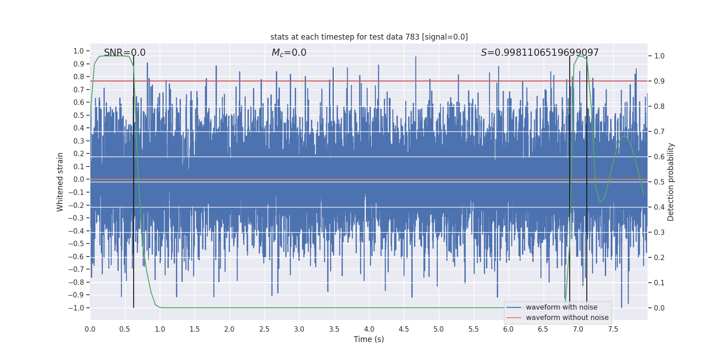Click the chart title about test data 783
(369, 37)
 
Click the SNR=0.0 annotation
(125, 53)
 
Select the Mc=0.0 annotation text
(289, 53)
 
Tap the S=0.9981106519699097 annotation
(540, 53)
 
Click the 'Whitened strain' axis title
(60, 182)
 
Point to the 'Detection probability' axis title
(671, 182)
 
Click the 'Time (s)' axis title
(369, 339)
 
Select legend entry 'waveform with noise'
(561, 307)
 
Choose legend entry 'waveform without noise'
(567, 318)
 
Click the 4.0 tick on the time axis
(369, 329)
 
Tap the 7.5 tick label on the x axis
(613, 329)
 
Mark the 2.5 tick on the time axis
(264, 329)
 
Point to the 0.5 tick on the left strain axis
(79, 115)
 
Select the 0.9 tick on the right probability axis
(659, 81)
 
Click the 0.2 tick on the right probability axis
(659, 257)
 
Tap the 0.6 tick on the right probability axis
(659, 157)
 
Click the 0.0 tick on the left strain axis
(79, 179)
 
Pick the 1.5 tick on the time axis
(194, 329)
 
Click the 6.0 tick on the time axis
(508, 329)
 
